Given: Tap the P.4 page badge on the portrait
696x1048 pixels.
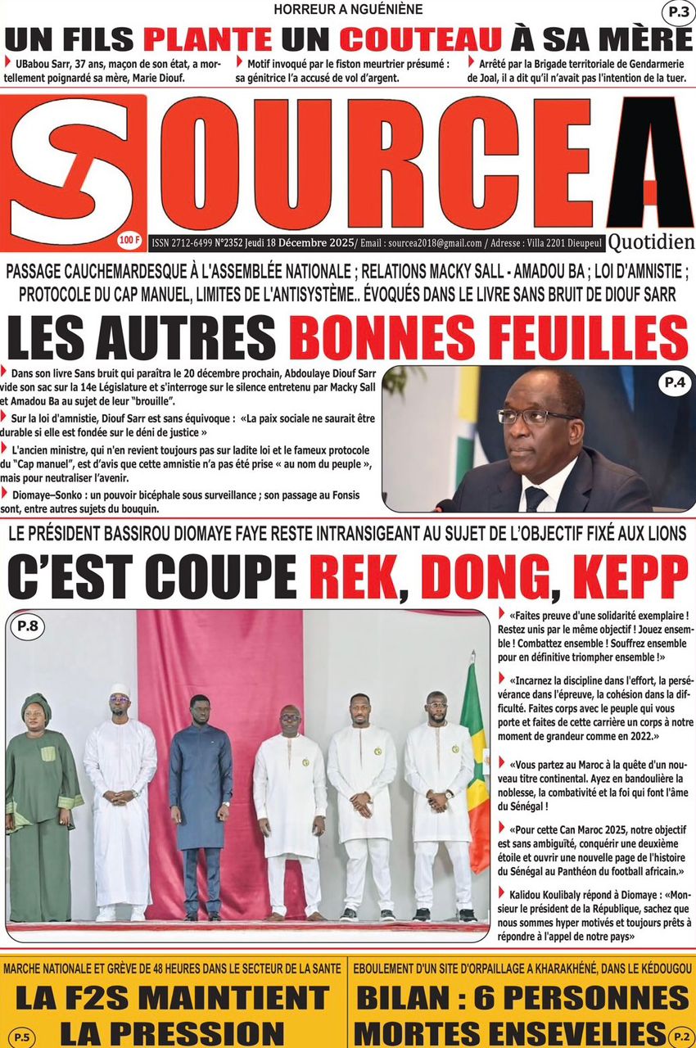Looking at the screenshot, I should pos(669,382).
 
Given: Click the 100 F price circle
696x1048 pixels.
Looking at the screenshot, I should pos(129,239).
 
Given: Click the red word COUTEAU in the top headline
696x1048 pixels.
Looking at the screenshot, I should pos(421,39).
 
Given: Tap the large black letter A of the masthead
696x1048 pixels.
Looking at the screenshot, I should pos(649,164).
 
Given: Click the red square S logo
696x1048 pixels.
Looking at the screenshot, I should pos(73,170).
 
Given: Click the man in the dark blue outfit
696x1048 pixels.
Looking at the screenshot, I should pos(200,806).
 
